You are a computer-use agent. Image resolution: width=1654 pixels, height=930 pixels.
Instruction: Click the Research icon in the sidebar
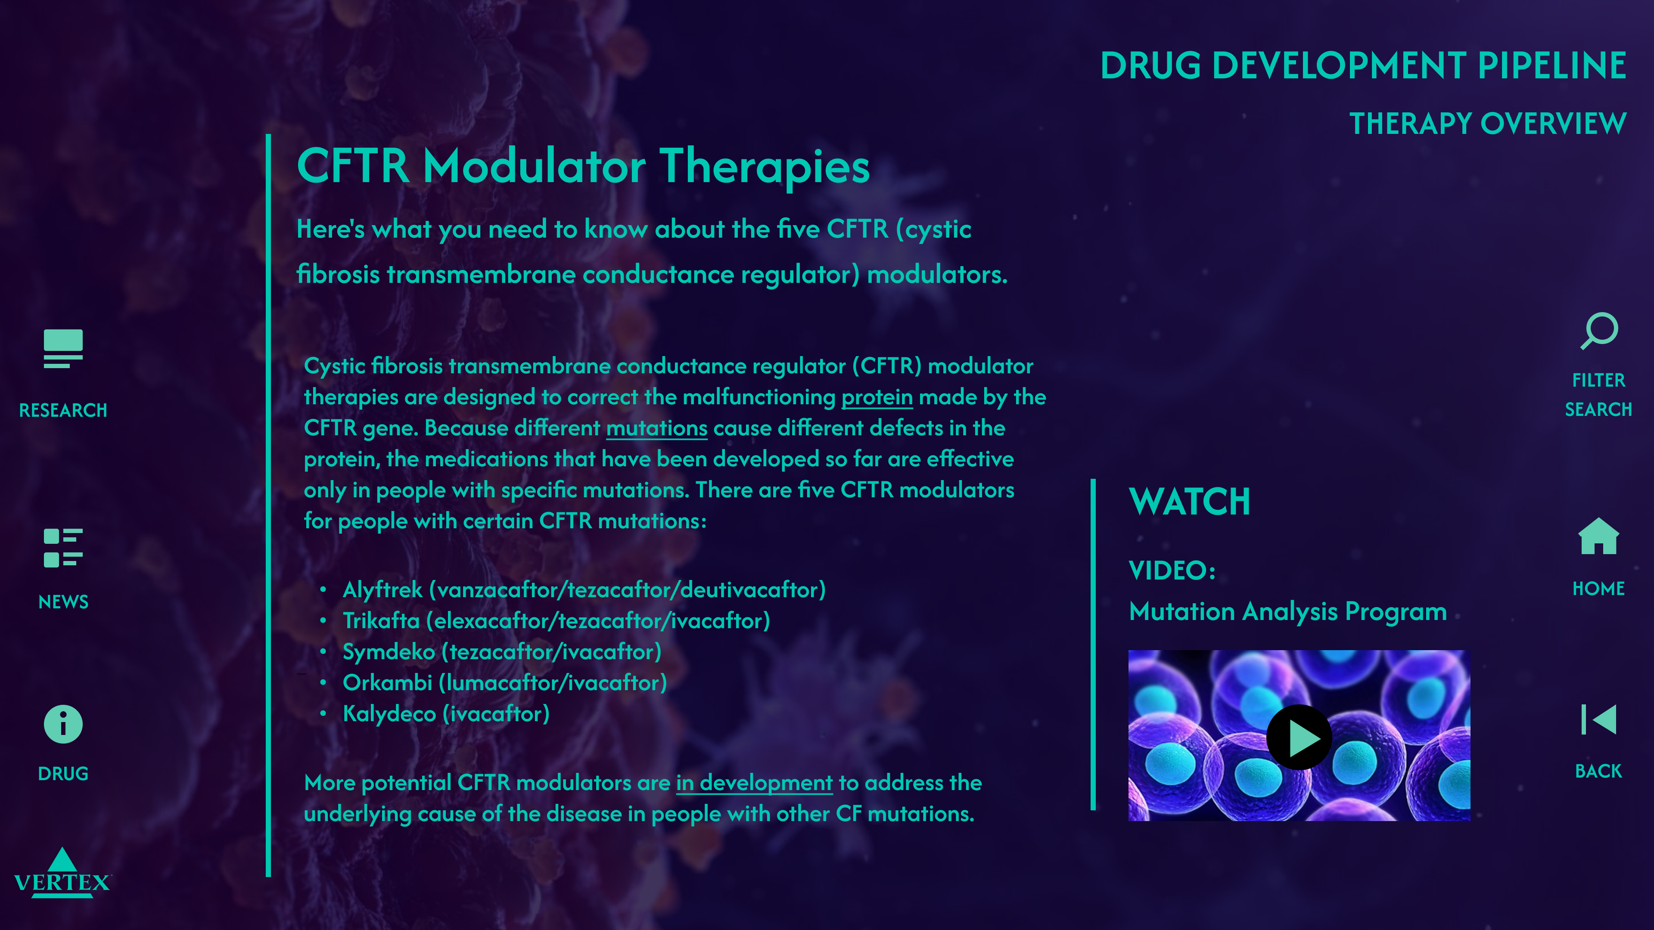63,348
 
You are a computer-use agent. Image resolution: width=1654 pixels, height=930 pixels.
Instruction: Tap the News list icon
63,548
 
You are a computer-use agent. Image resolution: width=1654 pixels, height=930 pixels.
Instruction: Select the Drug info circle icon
63,724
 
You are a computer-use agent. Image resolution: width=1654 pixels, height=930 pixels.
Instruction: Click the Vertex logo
62,874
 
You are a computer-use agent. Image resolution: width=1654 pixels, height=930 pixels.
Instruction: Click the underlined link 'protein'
877,397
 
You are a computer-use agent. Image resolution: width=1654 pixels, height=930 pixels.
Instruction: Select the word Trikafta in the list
381,620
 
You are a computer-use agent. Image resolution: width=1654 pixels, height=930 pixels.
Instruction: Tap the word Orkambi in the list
387,683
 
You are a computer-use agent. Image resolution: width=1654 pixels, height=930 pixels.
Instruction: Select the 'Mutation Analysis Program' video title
1287,612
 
